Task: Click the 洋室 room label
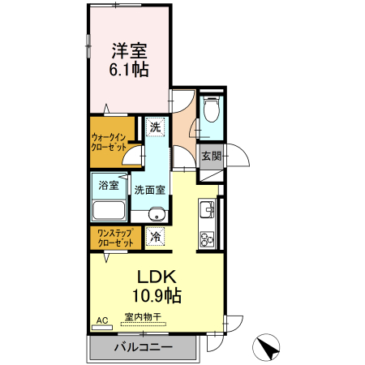tap(129, 50)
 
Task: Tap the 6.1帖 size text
tap(129, 70)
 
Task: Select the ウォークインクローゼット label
tap(108, 143)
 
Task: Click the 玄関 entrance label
tap(210, 155)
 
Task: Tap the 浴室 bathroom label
tap(108, 185)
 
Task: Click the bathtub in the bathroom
tap(108, 211)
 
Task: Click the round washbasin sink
tap(157, 214)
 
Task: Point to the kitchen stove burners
tap(206, 239)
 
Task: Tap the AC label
tap(102, 321)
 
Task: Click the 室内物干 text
tap(142, 317)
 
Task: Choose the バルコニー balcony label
tap(142, 347)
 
